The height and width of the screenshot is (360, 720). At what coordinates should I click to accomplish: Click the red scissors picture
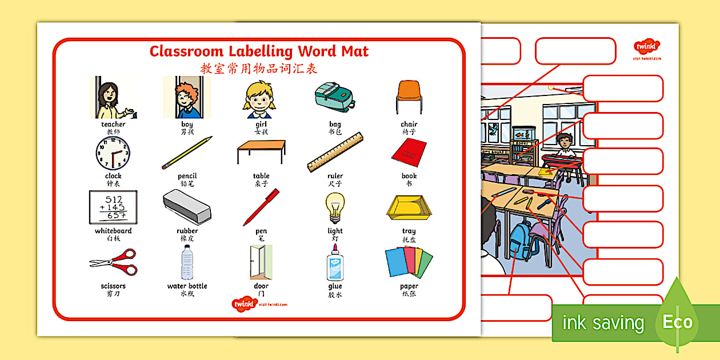113,262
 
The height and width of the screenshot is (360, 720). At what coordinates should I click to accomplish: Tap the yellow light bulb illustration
335,207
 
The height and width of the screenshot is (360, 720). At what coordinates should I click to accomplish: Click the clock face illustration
113,153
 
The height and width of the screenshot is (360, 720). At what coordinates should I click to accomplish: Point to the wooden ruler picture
335,152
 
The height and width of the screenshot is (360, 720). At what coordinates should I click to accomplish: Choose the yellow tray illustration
409,208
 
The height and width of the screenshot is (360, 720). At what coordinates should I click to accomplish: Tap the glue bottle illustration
335,262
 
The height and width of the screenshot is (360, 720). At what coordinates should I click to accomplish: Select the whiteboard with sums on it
113,207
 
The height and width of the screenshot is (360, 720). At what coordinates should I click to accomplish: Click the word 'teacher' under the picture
113,124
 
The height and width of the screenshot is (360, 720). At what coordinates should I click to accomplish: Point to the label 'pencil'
187,176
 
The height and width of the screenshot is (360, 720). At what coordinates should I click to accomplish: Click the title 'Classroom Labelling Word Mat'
259,51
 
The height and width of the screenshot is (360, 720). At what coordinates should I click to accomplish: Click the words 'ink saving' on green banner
603,323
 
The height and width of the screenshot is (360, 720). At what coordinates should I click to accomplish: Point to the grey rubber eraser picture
187,206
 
